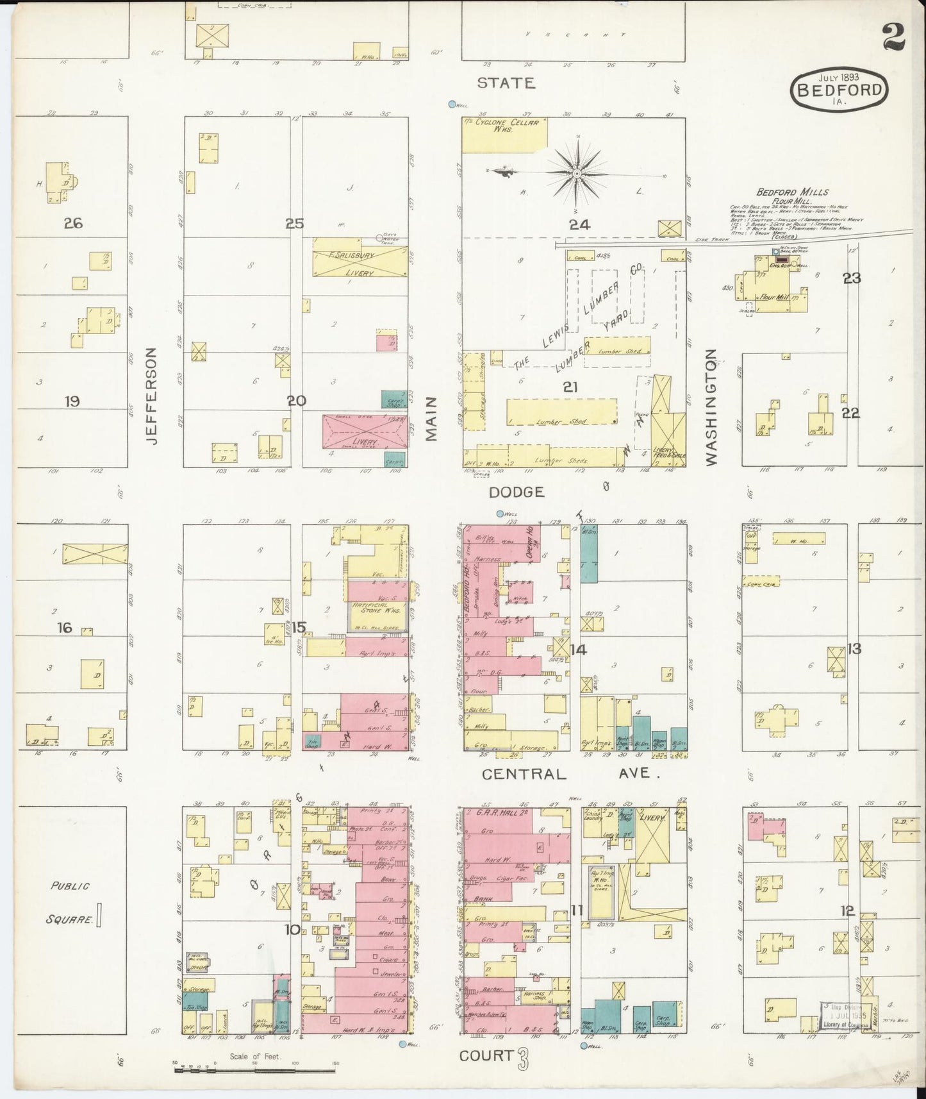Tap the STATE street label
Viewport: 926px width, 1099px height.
tap(506, 83)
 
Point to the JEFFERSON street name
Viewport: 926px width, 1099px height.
tap(151, 396)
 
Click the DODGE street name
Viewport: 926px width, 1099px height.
tap(516, 492)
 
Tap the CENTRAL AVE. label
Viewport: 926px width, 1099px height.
tap(570, 774)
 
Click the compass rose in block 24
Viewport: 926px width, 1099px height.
tap(576, 173)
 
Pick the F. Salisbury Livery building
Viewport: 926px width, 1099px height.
tap(360, 264)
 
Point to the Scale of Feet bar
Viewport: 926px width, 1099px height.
tap(256, 1062)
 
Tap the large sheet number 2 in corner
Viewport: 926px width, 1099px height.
tap(893, 37)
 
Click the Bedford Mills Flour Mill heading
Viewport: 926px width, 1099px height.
tap(792, 196)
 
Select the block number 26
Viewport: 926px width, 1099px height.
tap(72, 223)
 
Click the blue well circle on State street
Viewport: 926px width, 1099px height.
tap(452, 104)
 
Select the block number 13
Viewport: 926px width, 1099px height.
tap(854, 648)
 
